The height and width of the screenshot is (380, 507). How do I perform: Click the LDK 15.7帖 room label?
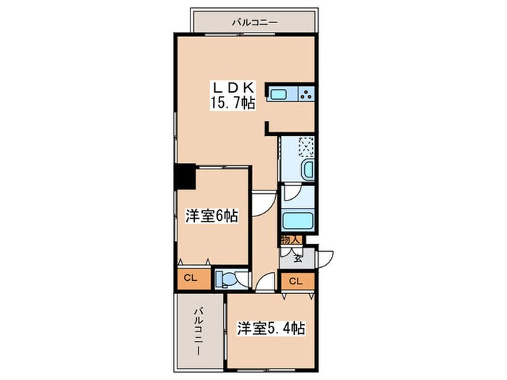(231, 94)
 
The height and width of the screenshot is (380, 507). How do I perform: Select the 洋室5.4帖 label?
(271, 328)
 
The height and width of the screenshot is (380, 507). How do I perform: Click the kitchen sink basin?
(280, 93)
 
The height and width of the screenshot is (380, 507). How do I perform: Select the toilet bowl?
(227, 279)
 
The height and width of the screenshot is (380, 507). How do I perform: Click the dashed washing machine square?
(306, 148)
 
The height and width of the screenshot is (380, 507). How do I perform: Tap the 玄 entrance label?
(298, 254)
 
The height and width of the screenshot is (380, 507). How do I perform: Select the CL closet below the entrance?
(296, 281)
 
